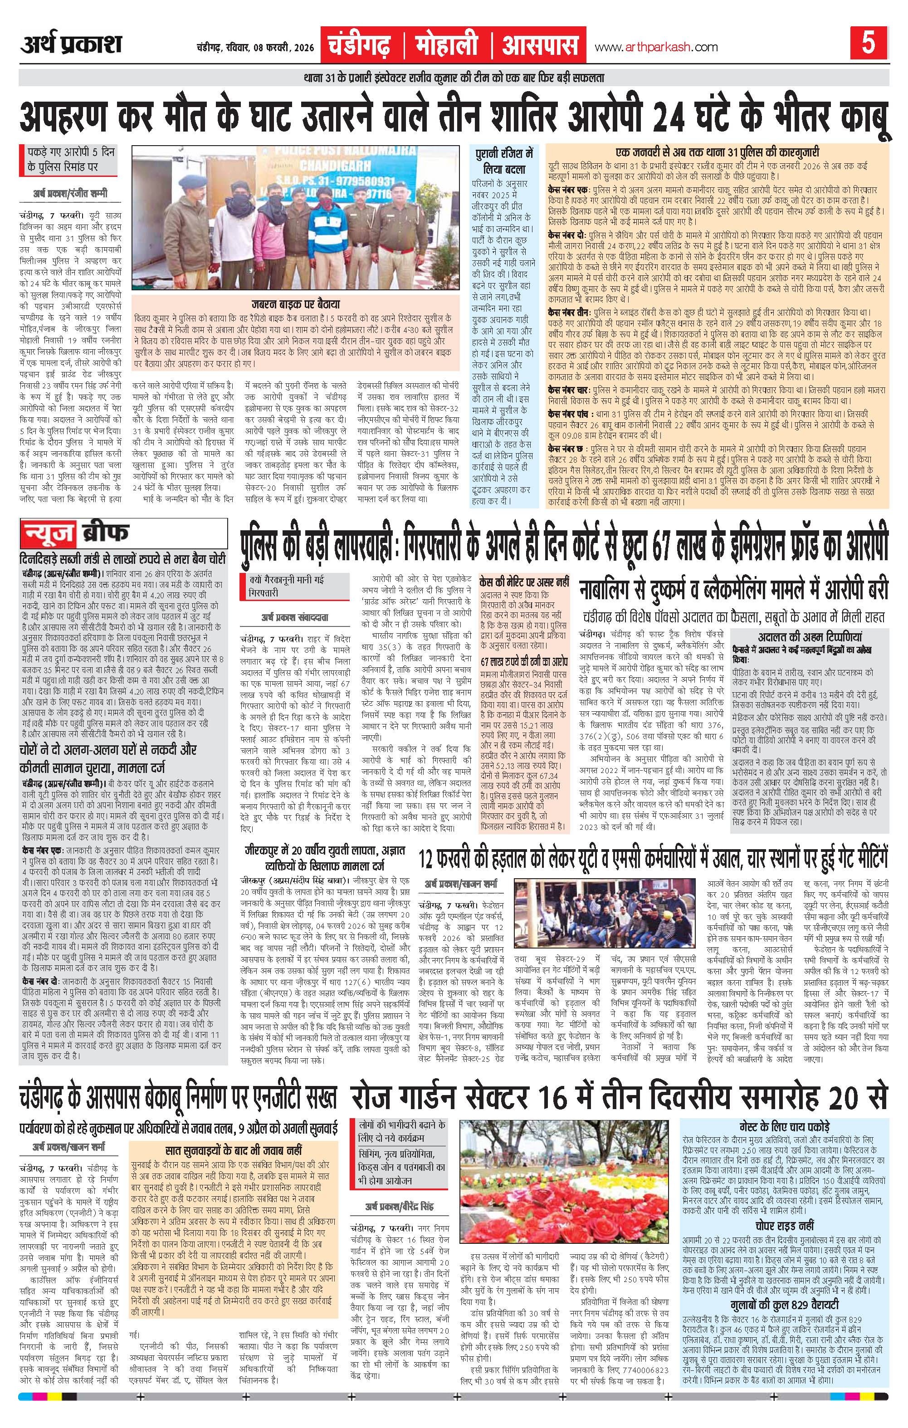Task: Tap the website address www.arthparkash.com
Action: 656,47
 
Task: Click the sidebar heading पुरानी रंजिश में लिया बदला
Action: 505,160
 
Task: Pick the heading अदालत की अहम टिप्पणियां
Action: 809,637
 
